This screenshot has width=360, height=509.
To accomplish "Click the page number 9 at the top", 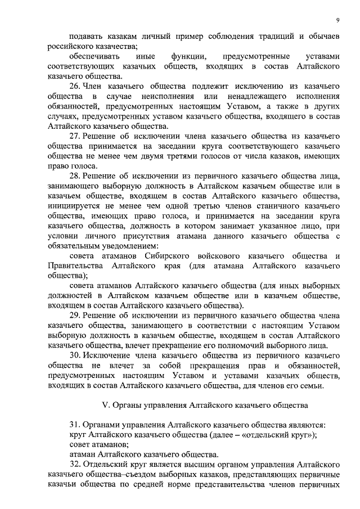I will tap(337, 21).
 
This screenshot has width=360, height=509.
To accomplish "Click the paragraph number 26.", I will tap(75, 86).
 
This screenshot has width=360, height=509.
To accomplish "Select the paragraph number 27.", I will tap(75, 137).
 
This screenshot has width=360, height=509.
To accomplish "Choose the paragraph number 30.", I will tap(75, 357).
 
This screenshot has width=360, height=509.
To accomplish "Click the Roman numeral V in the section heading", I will tap(103, 405).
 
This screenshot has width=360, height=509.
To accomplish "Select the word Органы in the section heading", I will tap(125, 405).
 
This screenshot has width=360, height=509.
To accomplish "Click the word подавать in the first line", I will tap(85, 36).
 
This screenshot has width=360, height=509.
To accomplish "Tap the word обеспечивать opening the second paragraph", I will tap(93, 56).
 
